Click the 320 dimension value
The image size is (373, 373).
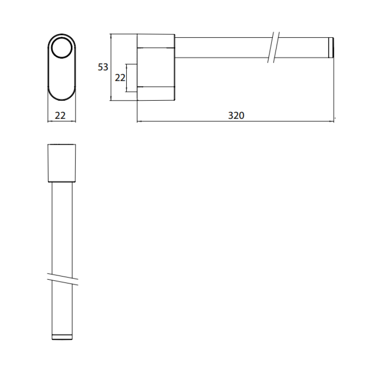pos(236,115)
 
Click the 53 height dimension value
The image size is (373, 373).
pos(103,67)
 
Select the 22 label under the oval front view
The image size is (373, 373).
pos(60,116)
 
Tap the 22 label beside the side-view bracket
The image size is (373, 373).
pos(120,77)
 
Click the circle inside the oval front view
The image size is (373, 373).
pos(62,48)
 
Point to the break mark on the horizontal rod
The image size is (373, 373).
pos(273,48)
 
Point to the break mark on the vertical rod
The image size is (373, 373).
pos(63,279)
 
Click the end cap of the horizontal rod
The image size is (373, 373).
pos(331,48)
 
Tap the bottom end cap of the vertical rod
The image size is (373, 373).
pos(62,337)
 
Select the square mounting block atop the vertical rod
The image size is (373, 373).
pos(62,163)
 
